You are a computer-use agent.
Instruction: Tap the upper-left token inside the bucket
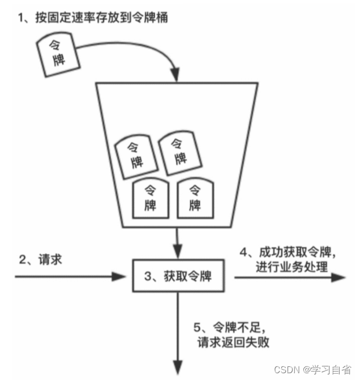click(135, 153)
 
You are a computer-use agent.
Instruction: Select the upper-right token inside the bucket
click(179, 150)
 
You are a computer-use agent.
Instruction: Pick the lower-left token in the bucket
click(151, 198)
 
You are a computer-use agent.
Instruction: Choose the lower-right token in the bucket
click(195, 198)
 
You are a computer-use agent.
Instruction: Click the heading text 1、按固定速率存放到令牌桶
click(93, 17)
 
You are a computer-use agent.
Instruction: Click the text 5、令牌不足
click(229, 327)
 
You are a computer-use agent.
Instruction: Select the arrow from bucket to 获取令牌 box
click(178, 244)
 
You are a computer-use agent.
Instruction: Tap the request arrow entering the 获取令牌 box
click(68, 277)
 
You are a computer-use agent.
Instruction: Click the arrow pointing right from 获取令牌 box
click(289, 277)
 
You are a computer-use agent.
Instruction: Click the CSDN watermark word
click(286, 369)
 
